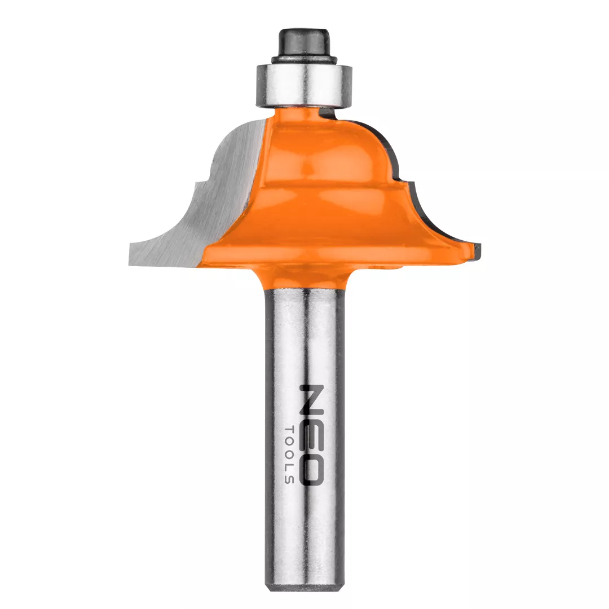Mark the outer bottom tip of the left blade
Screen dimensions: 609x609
point(129,264)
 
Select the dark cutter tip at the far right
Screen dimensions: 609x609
point(477,250)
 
